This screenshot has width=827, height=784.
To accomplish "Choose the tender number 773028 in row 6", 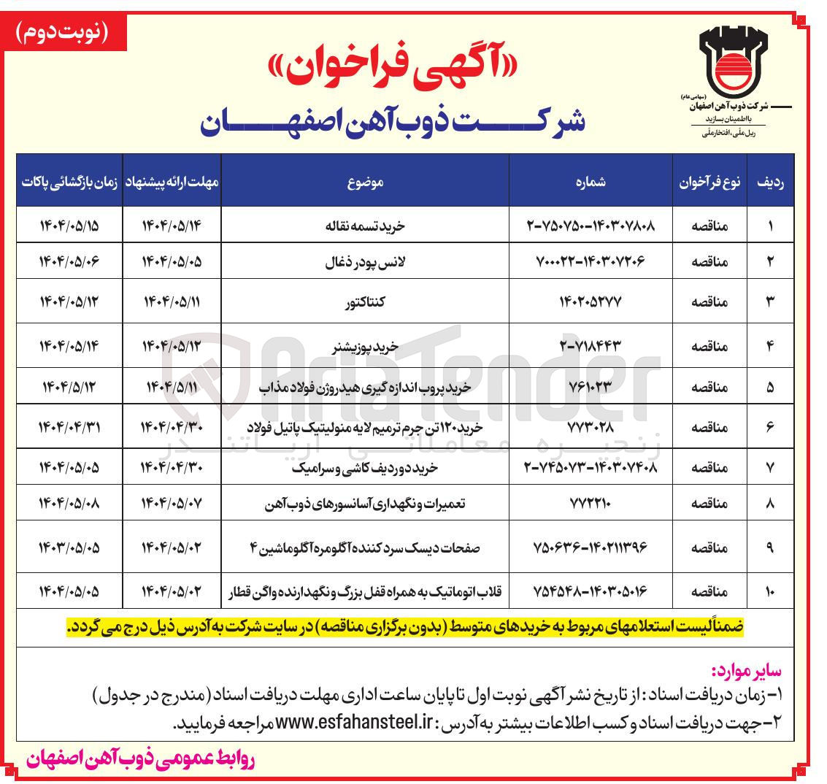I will [x=591, y=426].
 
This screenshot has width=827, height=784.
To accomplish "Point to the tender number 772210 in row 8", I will [x=591, y=503].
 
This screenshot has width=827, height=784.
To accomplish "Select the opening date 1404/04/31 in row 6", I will [x=69, y=426].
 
